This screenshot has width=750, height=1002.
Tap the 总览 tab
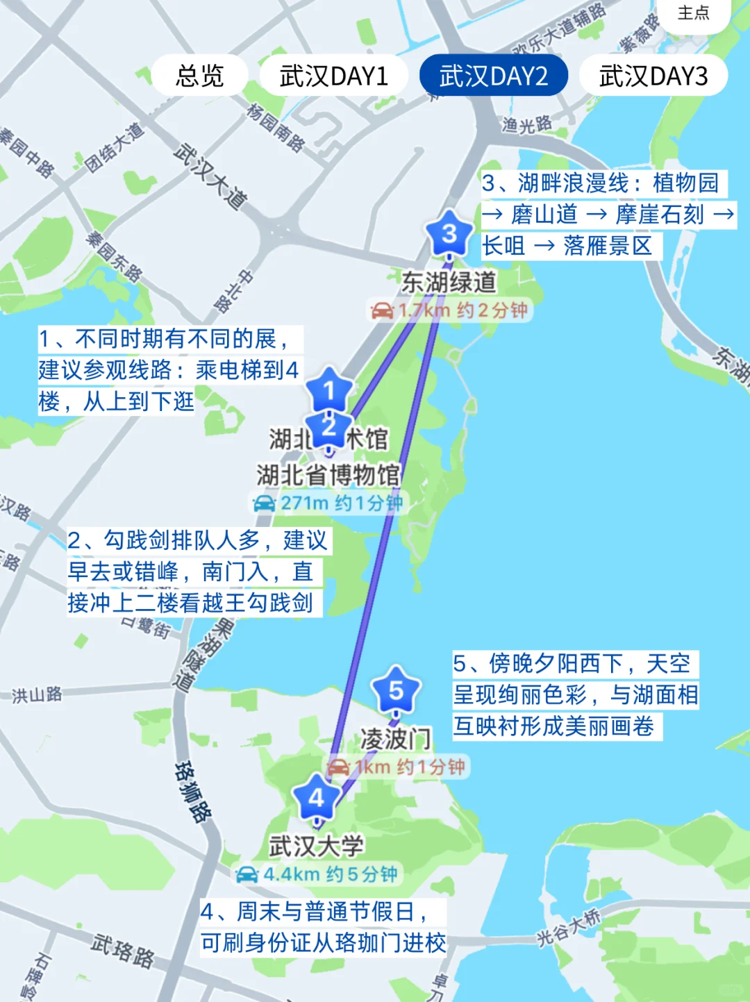[x=199, y=75]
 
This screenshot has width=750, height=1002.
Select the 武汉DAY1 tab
[x=333, y=75]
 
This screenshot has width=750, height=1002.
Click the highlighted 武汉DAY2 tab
[x=494, y=75]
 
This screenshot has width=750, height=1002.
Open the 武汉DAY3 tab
[x=653, y=75]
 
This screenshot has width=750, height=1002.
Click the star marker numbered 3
[x=449, y=234]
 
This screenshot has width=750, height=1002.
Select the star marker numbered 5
[x=396, y=690]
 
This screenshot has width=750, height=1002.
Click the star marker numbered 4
[x=316, y=799]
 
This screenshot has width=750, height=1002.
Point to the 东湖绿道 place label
[x=449, y=282]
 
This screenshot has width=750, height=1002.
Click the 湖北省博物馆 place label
[x=328, y=475]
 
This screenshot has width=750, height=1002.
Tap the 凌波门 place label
[x=396, y=739]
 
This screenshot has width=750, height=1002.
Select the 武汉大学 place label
[x=316, y=846]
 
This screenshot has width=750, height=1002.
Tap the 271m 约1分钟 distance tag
[x=328, y=503]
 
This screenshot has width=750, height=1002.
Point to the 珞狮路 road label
[x=192, y=792]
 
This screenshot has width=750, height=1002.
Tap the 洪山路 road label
[x=37, y=694]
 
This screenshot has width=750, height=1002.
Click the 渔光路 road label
[x=527, y=125]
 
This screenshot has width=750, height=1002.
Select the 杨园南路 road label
[x=276, y=127]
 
